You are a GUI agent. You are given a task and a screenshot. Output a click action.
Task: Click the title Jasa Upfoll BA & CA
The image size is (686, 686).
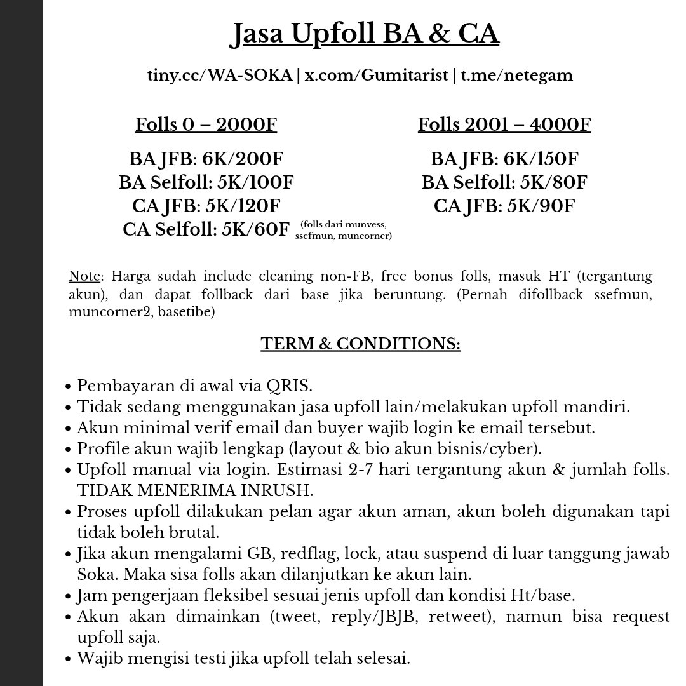click(364, 35)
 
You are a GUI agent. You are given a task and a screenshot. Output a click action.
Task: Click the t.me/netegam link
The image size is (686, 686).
click(516, 76)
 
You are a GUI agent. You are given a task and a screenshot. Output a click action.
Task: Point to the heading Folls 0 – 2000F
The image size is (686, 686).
click(206, 124)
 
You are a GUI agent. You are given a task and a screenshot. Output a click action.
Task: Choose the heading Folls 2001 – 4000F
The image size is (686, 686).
click(504, 124)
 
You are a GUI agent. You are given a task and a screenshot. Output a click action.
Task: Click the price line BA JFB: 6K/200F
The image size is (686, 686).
click(206, 159)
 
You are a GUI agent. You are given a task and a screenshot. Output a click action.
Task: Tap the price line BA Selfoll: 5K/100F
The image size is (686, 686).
click(206, 183)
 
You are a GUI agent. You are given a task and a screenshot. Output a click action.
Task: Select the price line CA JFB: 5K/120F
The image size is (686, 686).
click(206, 206)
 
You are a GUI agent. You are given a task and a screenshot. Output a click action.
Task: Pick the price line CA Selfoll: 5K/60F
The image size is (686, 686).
click(206, 230)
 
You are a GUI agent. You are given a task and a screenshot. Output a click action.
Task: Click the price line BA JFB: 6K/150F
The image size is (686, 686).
click(504, 159)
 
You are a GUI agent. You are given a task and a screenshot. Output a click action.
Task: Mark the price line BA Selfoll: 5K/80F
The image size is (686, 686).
click(504, 183)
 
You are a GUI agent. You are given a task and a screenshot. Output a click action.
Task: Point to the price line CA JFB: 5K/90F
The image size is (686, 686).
click(504, 206)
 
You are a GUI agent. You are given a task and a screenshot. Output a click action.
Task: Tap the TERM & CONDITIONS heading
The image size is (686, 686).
click(360, 344)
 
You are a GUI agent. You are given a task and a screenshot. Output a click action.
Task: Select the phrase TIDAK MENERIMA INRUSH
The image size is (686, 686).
click(183, 491)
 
